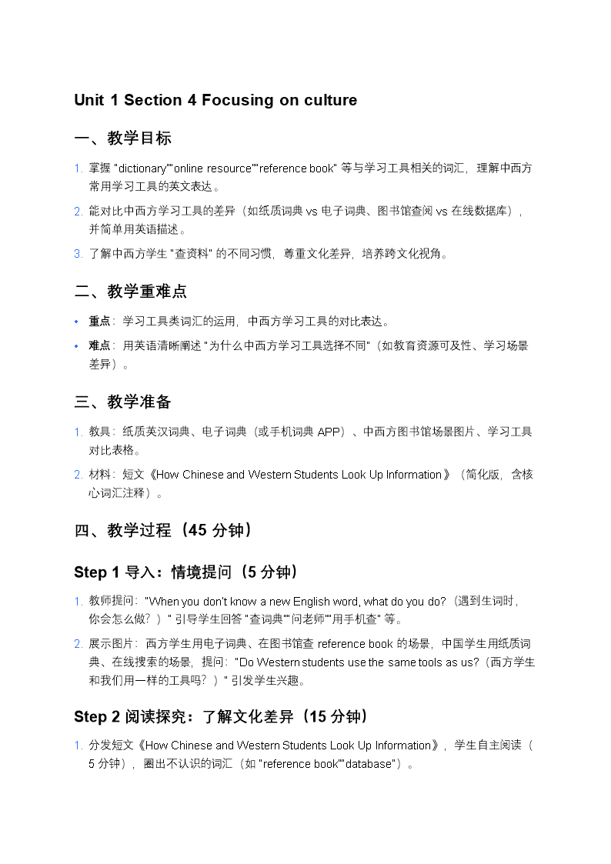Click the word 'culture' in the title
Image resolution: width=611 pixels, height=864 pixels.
[x=328, y=100]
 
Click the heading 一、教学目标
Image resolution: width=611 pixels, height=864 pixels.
[x=122, y=138]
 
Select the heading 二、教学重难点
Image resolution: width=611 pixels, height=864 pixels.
[x=130, y=292]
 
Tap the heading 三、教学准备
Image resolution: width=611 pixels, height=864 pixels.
[x=122, y=402]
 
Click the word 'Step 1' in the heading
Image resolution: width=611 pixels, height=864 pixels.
[x=96, y=572]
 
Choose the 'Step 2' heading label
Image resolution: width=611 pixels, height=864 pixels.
[x=96, y=717]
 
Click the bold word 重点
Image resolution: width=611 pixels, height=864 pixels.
[x=99, y=321]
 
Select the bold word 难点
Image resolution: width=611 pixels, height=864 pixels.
[x=99, y=345]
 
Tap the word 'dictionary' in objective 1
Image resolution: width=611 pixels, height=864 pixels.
[x=142, y=168]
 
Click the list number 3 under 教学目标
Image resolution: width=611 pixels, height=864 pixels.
[x=78, y=254]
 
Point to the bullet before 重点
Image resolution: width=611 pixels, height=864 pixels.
[x=76, y=321]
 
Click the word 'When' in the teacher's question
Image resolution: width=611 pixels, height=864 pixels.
[x=163, y=601]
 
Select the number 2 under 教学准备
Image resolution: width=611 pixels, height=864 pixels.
[x=78, y=475]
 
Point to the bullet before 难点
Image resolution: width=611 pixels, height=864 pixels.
[x=76, y=345]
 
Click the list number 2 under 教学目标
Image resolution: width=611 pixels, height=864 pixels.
[x=78, y=211]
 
